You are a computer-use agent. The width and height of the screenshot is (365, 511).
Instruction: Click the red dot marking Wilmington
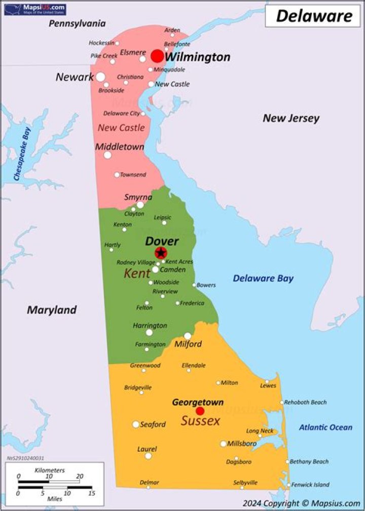click(x=157, y=56)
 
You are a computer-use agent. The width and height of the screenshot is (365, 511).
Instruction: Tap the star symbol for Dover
click(x=161, y=252)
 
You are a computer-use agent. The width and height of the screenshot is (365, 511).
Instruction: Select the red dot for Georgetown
click(x=200, y=411)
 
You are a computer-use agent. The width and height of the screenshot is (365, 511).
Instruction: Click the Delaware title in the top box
click(x=314, y=16)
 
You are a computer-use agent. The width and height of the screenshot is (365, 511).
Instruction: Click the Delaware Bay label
click(x=263, y=278)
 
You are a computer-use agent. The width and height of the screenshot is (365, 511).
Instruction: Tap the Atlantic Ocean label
click(x=325, y=427)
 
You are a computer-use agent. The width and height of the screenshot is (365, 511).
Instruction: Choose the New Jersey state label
click(x=291, y=118)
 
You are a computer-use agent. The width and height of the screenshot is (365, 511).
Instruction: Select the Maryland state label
click(x=52, y=310)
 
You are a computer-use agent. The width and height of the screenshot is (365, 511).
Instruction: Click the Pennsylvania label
click(x=77, y=23)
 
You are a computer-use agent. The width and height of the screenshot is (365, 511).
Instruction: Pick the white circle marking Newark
click(x=100, y=77)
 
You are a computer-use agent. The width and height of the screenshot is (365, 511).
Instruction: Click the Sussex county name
click(x=201, y=421)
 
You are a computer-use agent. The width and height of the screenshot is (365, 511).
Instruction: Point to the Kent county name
click(x=137, y=274)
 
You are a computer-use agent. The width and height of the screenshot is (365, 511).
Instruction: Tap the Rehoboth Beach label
click(x=305, y=402)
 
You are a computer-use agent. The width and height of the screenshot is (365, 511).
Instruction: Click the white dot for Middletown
click(x=107, y=155)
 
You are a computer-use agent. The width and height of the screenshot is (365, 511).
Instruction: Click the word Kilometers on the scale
click(x=49, y=470)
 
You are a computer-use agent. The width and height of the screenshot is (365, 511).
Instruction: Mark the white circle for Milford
click(x=188, y=336)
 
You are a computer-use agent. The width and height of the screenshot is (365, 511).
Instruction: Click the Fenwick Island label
click(x=310, y=485)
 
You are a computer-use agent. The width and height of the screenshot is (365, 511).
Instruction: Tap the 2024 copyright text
click(x=301, y=503)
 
